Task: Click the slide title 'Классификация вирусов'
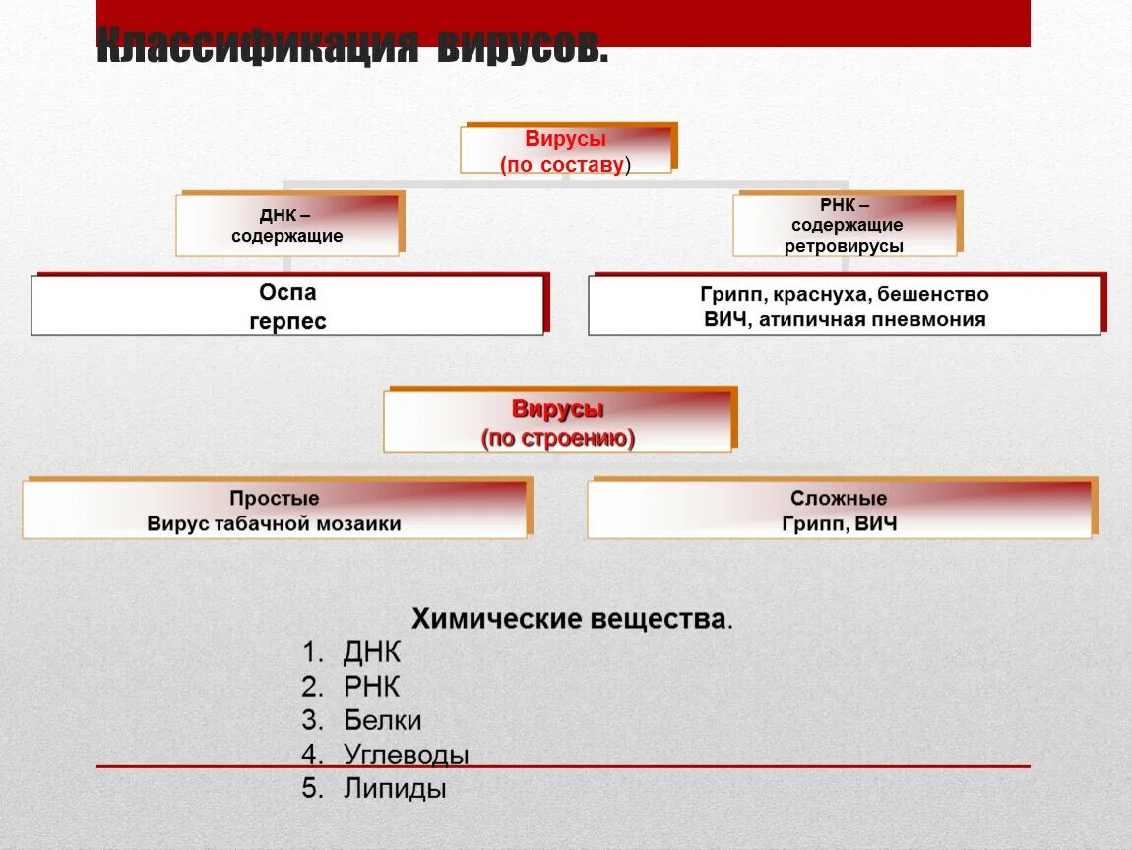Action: [352, 45]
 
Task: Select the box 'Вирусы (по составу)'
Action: [566, 151]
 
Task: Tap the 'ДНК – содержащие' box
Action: [287, 223]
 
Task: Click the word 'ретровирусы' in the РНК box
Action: [844, 246]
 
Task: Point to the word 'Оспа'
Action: [287, 293]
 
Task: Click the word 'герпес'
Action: [287, 322]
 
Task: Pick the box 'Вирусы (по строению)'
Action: [558, 422]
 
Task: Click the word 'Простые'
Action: [275, 499]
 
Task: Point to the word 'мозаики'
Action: [358, 524]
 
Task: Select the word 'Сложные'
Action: [839, 499]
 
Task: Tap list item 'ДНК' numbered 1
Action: [372, 653]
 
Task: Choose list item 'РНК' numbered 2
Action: [372, 687]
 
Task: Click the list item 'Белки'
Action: [383, 720]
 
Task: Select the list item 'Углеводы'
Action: [406, 755]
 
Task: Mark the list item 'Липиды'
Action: [395, 788]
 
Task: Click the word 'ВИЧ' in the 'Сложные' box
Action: [876, 524]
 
